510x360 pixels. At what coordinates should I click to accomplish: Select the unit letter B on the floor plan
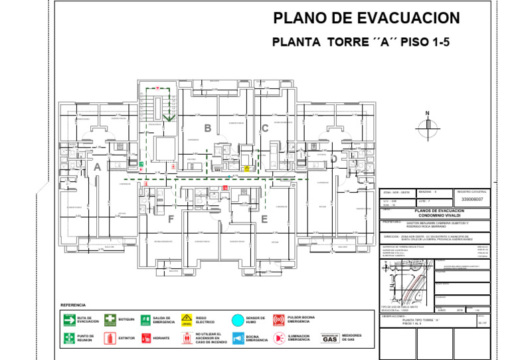208,128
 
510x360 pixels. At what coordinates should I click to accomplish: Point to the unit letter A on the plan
98,167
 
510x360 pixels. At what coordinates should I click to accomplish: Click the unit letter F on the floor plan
171,219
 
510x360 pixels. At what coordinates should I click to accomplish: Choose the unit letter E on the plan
264,219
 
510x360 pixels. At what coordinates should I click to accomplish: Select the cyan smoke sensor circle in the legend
238,320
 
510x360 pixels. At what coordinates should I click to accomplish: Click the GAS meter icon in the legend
330,338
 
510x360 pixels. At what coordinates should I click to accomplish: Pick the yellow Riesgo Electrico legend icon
187,319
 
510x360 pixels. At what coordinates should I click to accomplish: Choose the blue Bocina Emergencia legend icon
238,339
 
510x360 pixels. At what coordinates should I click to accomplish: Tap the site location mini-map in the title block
404,282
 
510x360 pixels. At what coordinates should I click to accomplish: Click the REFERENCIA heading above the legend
73,305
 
